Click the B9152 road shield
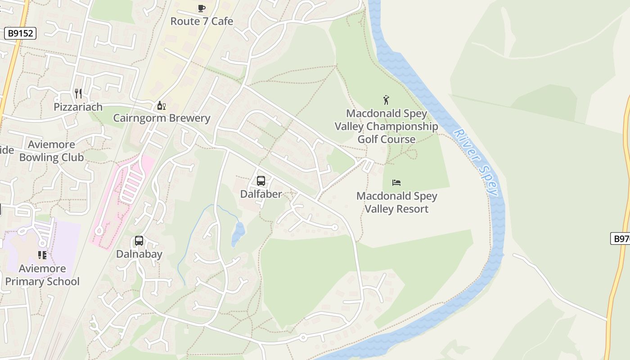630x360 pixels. (20, 33)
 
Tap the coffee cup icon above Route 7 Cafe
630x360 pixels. (202, 8)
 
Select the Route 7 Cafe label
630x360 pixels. (202, 21)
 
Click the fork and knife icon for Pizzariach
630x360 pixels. (78, 94)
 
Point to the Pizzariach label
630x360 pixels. (78, 107)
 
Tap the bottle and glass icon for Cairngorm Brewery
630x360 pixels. (161, 106)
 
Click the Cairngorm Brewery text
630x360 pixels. (162, 118)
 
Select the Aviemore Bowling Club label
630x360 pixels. (51, 151)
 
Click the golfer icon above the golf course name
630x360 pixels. (386, 100)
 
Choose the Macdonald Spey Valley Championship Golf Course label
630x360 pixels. (386, 126)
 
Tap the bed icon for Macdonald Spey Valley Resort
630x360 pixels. (396, 183)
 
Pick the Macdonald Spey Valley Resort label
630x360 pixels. (396, 202)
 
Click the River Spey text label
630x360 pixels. (476, 162)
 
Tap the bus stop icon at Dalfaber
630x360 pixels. (261, 181)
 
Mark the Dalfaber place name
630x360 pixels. (261, 194)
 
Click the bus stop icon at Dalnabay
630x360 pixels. (139, 241)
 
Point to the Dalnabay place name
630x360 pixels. (139, 254)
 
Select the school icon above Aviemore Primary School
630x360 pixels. (42, 256)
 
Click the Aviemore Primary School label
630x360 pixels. (42, 275)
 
